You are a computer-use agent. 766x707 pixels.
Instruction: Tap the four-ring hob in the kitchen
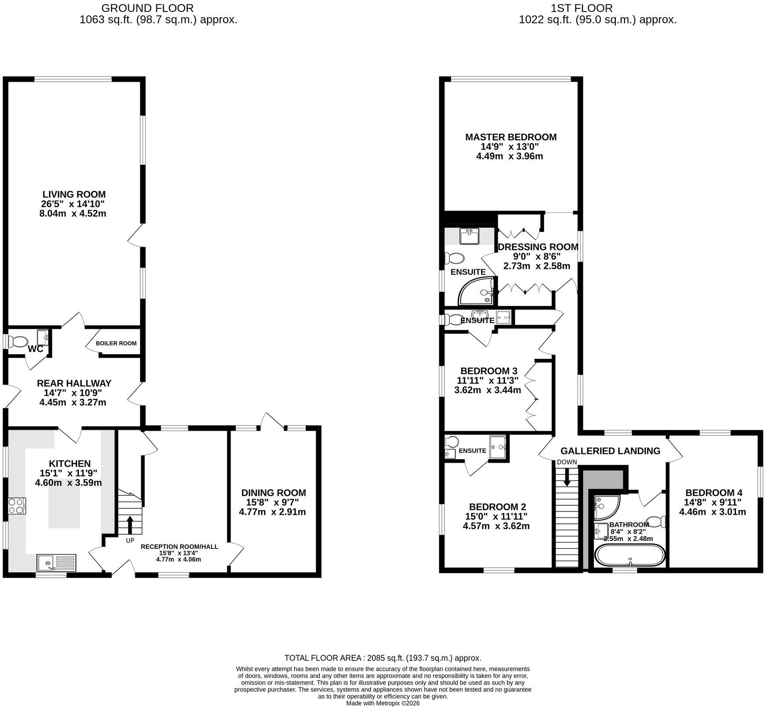pyautogui.click(x=17, y=506)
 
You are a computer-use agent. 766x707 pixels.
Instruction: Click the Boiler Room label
pyautogui.click(x=116, y=343)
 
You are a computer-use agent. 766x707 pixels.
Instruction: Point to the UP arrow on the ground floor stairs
pyautogui.click(x=130, y=525)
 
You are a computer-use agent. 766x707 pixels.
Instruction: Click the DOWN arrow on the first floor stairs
pyautogui.click(x=567, y=477)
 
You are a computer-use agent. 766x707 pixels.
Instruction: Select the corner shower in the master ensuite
pyautogui.click(x=477, y=290)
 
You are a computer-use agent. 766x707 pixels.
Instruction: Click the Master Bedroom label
pyautogui.click(x=511, y=137)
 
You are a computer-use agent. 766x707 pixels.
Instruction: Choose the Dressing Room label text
pyautogui.click(x=538, y=247)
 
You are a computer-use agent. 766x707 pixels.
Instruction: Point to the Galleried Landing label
pyautogui.click(x=611, y=451)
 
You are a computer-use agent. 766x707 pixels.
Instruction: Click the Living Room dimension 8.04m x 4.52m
pyautogui.click(x=72, y=214)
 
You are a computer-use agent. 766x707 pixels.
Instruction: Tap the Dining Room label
pyautogui.click(x=274, y=493)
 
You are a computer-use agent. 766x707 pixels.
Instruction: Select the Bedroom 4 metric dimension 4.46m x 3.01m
pyautogui.click(x=712, y=512)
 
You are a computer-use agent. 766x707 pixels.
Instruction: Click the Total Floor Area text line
pyautogui.click(x=383, y=658)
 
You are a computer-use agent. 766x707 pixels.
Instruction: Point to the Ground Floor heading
pyautogui.click(x=147, y=8)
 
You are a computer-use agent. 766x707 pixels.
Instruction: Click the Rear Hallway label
pyautogui.click(x=74, y=383)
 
